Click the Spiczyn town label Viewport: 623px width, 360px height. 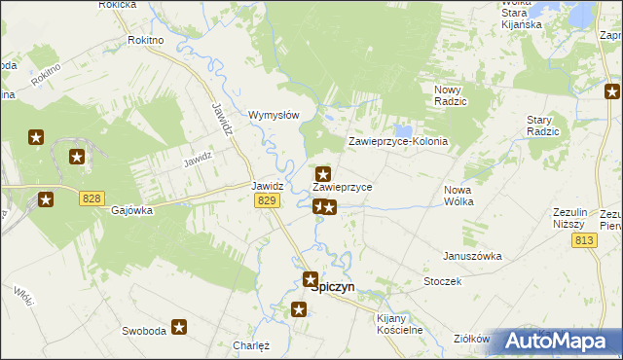[x=333, y=287]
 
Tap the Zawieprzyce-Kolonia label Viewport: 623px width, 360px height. [x=398, y=141]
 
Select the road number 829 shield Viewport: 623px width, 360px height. [x=269, y=199]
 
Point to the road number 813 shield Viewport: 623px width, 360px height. [x=585, y=240]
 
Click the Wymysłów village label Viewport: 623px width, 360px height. [x=274, y=113]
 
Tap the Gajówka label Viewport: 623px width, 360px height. [x=132, y=210]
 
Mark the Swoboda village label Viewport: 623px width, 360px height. [x=143, y=331]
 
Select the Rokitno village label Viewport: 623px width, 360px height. [x=146, y=41]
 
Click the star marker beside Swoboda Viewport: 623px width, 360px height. [x=179, y=328]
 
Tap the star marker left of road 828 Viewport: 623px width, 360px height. [x=46, y=200]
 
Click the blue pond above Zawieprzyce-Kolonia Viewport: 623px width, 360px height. [x=403, y=129]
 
